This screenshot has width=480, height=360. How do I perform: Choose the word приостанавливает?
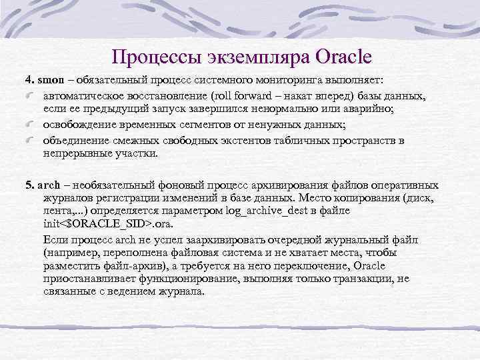pyautogui.click(x=85, y=279)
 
